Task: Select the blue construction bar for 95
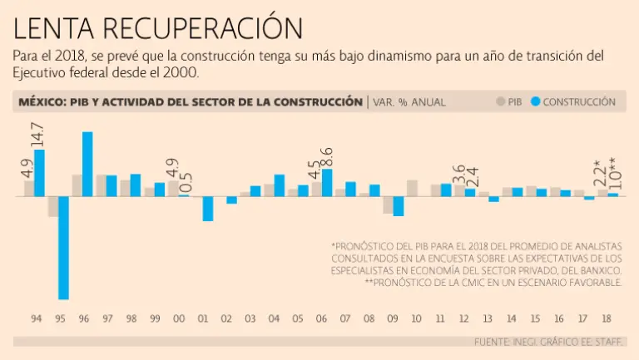tap(63, 247)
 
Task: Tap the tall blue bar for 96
tap(87, 164)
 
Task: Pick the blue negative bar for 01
tap(208, 208)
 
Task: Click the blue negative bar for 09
tap(399, 205)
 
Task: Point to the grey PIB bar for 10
tap(412, 188)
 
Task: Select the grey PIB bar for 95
tap(52, 206)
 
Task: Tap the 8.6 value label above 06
tap(327, 156)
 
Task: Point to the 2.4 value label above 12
tap(471, 177)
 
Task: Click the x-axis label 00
tap(179, 319)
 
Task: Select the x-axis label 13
tap(488, 319)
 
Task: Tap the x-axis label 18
tap(607, 319)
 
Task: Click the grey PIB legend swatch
tap(502, 102)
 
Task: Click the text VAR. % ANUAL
tap(409, 102)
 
